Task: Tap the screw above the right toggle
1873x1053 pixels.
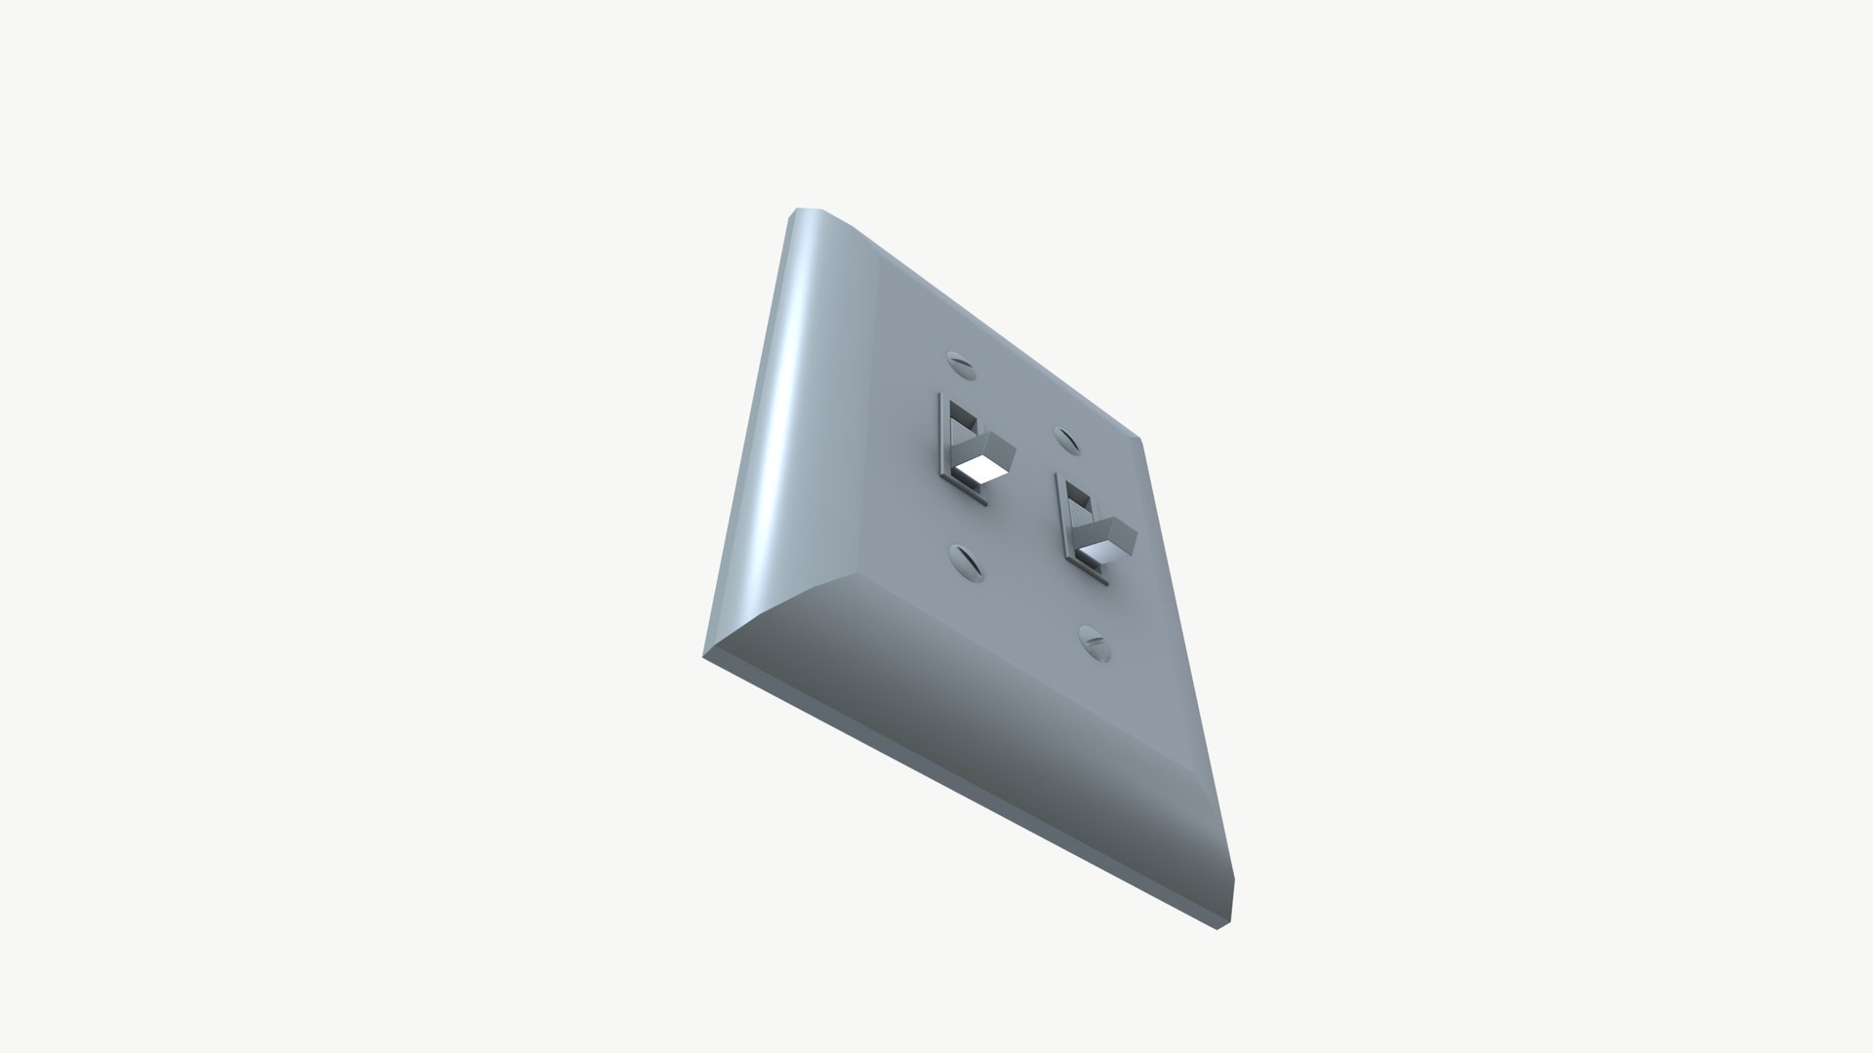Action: [x=1066, y=441]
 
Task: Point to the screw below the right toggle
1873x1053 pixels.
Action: [x=1095, y=643]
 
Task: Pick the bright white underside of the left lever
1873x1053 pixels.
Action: [x=297, y=474]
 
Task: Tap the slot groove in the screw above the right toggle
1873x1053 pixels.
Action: [x=1066, y=441]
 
